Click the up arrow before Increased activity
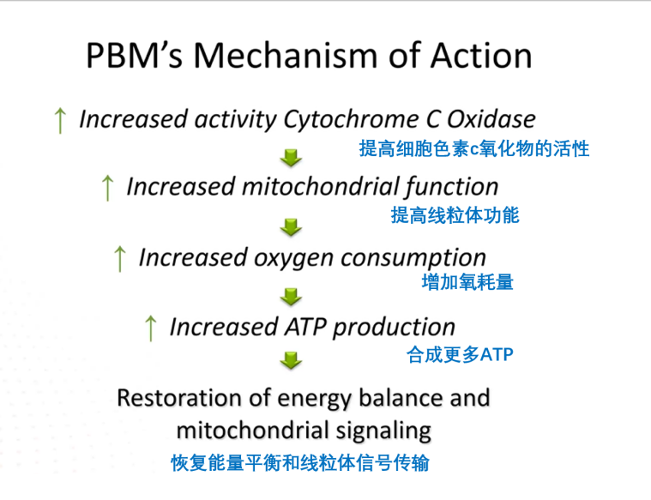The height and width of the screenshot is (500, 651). click(59, 120)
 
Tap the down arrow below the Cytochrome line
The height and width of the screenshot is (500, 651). click(292, 157)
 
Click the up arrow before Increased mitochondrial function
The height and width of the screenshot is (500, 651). click(107, 188)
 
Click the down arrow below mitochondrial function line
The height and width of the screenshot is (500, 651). click(292, 226)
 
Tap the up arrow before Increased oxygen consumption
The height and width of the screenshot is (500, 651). click(120, 258)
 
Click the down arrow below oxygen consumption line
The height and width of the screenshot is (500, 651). click(292, 296)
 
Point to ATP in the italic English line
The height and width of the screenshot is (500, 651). click(305, 327)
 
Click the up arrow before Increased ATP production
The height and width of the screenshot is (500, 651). click(151, 328)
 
